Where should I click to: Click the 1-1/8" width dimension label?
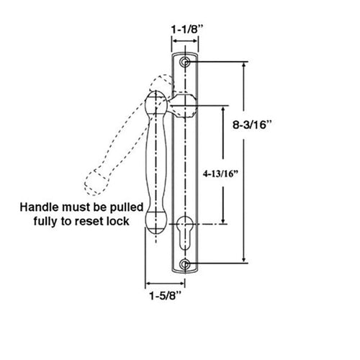pos(187,30)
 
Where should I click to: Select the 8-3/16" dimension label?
pos(252,125)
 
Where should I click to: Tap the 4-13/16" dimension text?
pos(221,174)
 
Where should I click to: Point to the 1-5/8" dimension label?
pos(166,295)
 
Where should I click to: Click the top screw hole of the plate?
pos(184,62)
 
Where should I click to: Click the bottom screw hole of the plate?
pos(184,264)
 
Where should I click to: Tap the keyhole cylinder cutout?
pos(184,233)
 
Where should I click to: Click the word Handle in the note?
pos(40,207)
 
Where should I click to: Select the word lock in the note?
pos(119,221)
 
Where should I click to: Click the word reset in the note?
pos(89,221)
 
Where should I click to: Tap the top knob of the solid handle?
pos(156,102)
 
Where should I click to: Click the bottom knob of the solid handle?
pos(156,222)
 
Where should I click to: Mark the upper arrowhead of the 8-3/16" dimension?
pos(244,66)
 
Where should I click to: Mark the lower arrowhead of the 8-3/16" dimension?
pos(244,260)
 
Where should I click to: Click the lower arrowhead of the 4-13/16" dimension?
pos(223,221)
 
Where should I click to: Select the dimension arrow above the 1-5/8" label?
pos(166,284)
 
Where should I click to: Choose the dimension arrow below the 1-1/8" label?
pos(185,41)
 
